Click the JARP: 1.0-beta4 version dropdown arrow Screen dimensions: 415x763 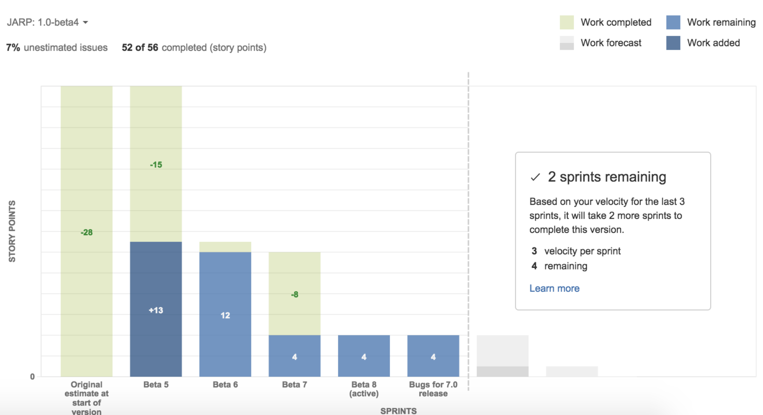pyautogui.click(x=85, y=22)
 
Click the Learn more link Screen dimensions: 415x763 pyautogui.click(x=554, y=288)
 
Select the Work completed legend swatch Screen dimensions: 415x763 pyautogui.click(x=566, y=22)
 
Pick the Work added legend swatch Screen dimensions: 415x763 pyautogui.click(x=673, y=43)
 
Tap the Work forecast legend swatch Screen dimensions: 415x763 pyautogui.click(x=566, y=43)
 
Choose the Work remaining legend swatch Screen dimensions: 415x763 pyautogui.click(x=673, y=22)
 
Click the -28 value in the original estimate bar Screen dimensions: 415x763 pyautogui.click(x=86, y=232)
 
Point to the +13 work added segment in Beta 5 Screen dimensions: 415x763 pyautogui.click(x=156, y=310)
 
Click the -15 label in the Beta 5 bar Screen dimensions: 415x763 pyautogui.click(x=156, y=165)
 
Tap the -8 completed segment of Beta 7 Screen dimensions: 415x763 pyautogui.click(x=294, y=294)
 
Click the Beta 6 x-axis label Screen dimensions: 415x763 pyautogui.click(x=225, y=384)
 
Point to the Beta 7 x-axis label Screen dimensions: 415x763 pyautogui.click(x=294, y=384)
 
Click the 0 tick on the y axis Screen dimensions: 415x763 pyautogui.click(x=32, y=376)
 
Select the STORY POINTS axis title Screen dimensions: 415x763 pyautogui.click(x=12, y=231)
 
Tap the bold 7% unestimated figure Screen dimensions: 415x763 pyautogui.click(x=13, y=47)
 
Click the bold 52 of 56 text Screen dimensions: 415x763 pyautogui.click(x=140, y=47)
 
